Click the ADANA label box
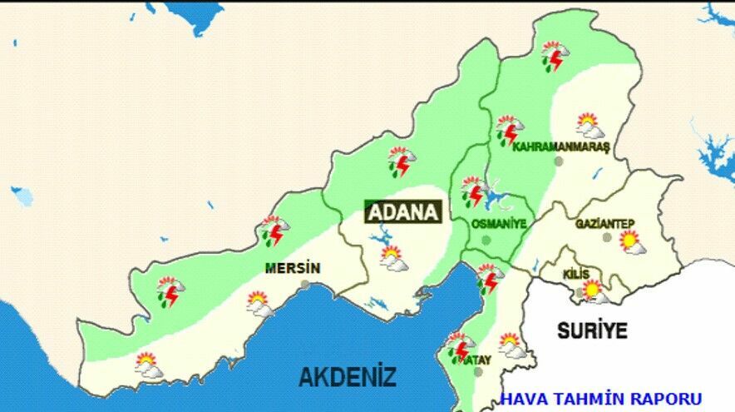pos(402,212)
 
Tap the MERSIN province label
pos(292,268)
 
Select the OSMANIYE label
pos(499,224)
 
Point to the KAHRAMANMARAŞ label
pos(561,146)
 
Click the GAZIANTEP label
pos(604,223)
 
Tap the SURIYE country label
pos(591,330)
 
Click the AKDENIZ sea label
pos(348,376)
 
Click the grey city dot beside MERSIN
pos(306,285)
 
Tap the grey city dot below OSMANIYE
pos(486,240)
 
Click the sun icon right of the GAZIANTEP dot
pos(632,242)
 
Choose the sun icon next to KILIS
pos(593,290)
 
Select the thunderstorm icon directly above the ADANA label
pos(401,161)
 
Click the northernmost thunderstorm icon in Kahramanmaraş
pos(554,55)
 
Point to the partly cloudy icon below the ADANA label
pos(392,257)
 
